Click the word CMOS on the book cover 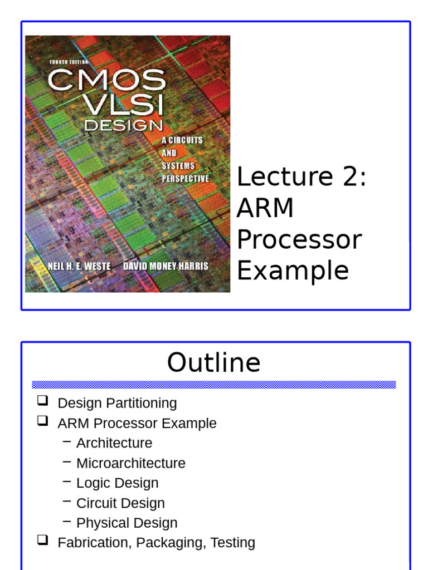point(106,80)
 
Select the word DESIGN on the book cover point(123,126)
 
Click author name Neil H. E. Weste point(79,266)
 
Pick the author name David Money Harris point(166,266)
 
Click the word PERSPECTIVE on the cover point(186,179)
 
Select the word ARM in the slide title point(265,208)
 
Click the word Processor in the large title point(299,239)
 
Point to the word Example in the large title point(293,271)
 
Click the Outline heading point(214,363)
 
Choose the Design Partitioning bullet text point(117,403)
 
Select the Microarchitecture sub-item point(131,463)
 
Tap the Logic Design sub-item point(117,483)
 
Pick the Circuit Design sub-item point(120,503)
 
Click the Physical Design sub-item point(127,523)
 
